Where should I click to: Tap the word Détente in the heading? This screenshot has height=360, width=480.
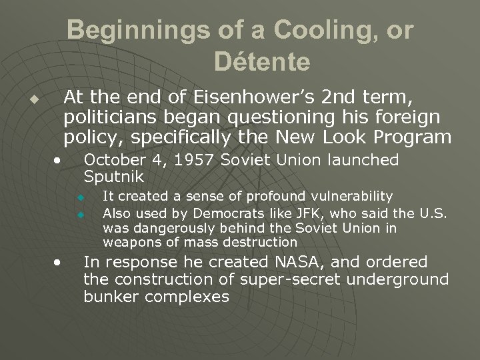[262, 62]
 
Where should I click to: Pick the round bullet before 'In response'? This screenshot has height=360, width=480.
[59, 261]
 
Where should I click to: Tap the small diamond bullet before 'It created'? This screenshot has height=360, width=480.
[79, 197]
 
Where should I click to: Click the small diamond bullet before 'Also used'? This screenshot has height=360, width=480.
[79, 213]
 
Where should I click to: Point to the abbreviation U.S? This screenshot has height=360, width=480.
[435, 212]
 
